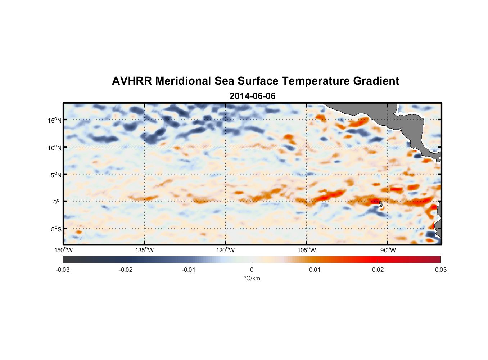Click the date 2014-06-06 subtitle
pos(252,96)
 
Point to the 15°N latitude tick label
pos(55,120)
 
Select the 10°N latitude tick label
pos(55,148)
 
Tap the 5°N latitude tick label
pos(56,175)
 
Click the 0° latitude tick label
pos(57,202)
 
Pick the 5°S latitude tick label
pos(56,229)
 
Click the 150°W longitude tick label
pos(64,250)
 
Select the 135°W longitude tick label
pos(145,250)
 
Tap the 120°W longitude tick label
pos(226,250)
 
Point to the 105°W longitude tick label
pos(307,250)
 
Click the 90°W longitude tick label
pos(388,250)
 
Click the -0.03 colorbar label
pos(63,270)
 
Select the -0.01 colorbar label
pos(189,270)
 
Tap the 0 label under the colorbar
pos(252,270)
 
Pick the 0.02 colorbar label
pos(378,270)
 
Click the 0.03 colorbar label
pos(440,270)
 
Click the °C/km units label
pos(252,278)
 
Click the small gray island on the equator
pos(381,204)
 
